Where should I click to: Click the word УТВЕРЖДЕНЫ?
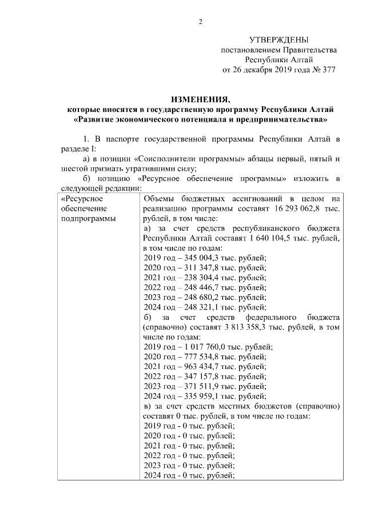[x=279, y=40]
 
